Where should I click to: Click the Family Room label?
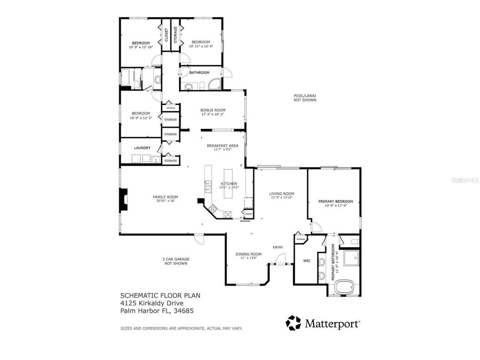click(x=165, y=197)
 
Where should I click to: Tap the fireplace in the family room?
click(x=123, y=200)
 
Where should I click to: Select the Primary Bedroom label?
click(x=335, y=201)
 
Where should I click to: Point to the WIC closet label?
click(x=307, y=261)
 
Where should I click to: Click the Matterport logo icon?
click(x=293, y=323)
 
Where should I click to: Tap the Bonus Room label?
click(x=213, y=110)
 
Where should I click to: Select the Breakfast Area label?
click(x=222, y=145)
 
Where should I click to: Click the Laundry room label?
click(x=142, y=148)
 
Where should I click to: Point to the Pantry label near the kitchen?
click(x=249, y=214)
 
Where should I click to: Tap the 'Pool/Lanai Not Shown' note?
click(x=304, y=98)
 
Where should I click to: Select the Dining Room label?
click(x=248, y=254)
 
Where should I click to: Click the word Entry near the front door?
click(x=277, y=247)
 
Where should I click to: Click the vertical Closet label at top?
click(x=166, y=34)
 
